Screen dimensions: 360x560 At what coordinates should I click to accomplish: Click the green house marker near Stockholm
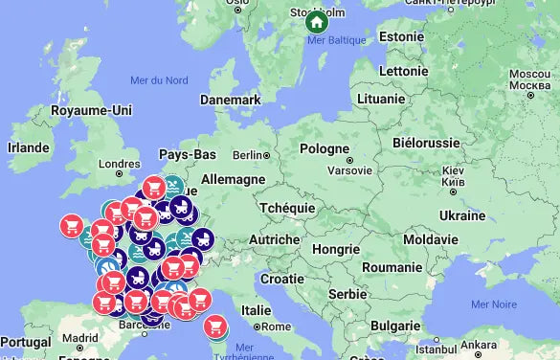[316, 21]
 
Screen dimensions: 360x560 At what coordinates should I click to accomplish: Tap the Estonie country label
[401, 37]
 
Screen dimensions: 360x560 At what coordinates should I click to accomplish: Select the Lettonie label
[403, 71]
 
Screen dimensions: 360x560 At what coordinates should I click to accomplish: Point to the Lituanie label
[380, 99]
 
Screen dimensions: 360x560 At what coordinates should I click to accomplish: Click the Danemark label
[230, 100]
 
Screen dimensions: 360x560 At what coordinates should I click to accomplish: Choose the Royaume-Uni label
[91, 110]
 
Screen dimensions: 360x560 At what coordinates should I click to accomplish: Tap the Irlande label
[28, 147]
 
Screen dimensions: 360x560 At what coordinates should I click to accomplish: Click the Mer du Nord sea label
[159, 79]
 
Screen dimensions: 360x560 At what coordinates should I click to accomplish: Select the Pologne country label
[325, 149]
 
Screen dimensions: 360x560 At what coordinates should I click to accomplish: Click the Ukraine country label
[460, 215]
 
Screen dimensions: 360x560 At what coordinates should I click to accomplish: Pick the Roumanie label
[392, 267]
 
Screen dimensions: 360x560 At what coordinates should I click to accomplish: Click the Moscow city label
[528, 75]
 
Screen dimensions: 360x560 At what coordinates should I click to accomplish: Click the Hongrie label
[335, 248]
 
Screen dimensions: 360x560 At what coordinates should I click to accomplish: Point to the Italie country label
[256, 310]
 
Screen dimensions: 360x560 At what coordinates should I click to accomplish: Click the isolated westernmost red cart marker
[71, 225]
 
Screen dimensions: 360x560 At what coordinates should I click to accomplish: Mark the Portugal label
[26, 342]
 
